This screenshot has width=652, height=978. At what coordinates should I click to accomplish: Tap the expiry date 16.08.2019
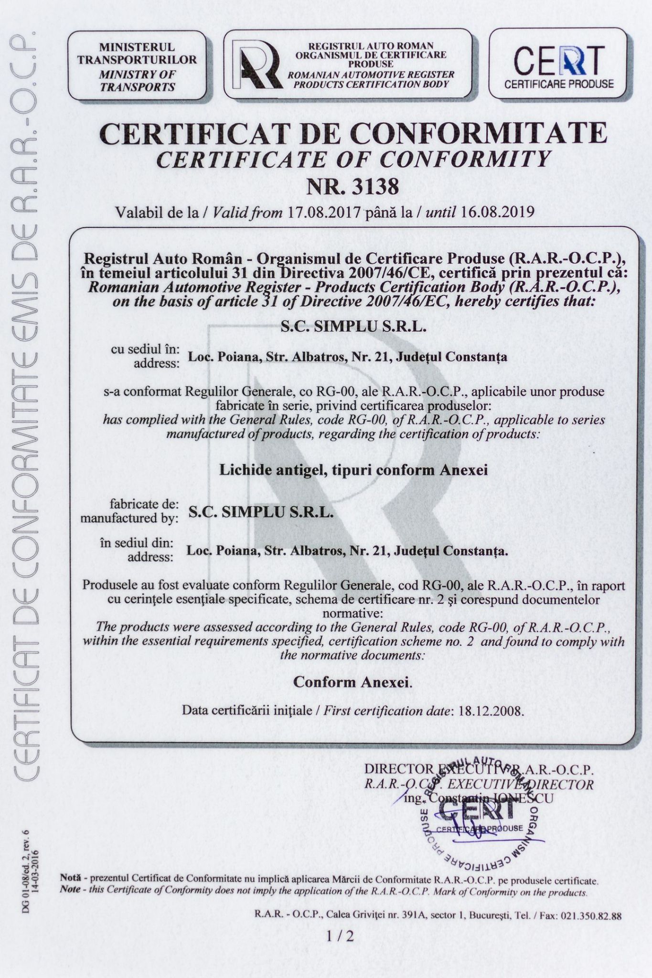click(498, 212)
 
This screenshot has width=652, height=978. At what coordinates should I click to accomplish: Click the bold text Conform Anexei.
click(353, 682)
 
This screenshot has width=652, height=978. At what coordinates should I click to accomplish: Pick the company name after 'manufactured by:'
click(261, 512)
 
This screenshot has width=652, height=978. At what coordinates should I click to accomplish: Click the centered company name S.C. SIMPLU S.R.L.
click(353, 328)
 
